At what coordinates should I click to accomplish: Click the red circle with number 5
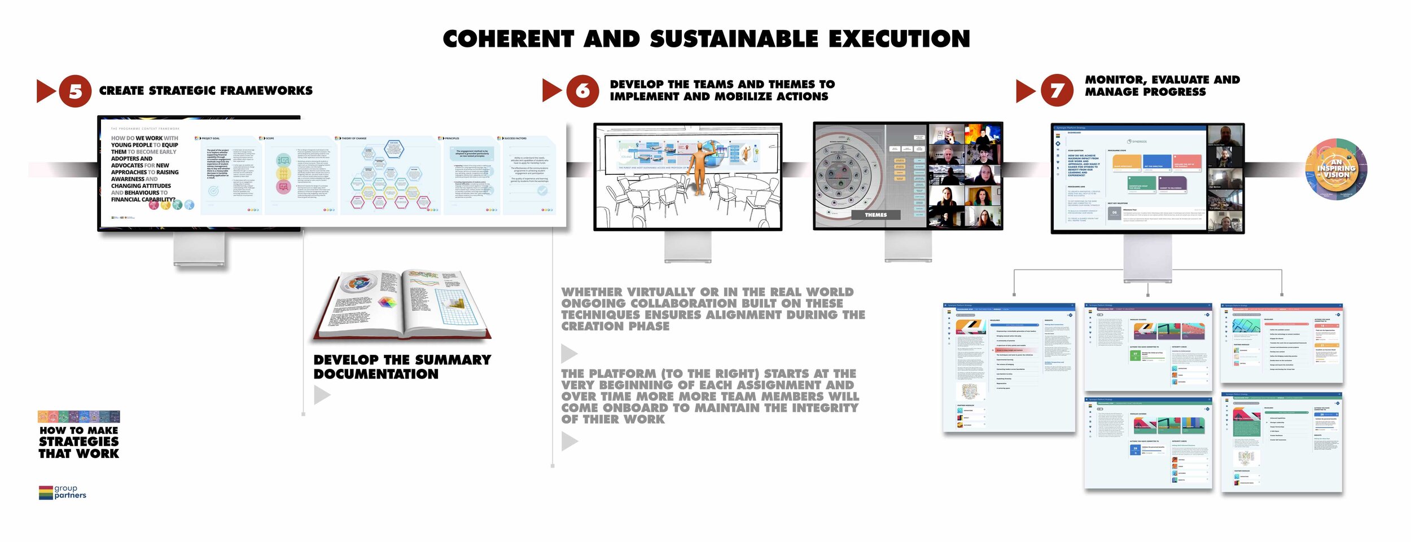point(75,91)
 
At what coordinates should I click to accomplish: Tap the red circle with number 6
point(582,91)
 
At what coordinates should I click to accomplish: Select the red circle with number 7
point(1057,90)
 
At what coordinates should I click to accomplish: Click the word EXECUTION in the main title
point(899,39)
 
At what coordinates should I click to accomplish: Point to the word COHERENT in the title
point(508,39)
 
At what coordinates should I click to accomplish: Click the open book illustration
point(402,305)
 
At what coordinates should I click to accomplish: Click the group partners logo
point(63,492)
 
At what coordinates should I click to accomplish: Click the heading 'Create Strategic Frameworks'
point(205,91)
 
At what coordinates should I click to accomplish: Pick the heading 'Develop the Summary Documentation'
point(402,367)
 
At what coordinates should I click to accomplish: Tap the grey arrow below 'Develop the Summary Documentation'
point(322,395)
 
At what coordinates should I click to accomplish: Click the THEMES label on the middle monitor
point(875,215)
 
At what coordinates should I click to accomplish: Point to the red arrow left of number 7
point(1025,91)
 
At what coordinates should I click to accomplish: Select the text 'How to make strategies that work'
point(79,442)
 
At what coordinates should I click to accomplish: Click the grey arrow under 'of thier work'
point(569,441)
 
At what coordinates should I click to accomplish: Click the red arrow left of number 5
point(45,91)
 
